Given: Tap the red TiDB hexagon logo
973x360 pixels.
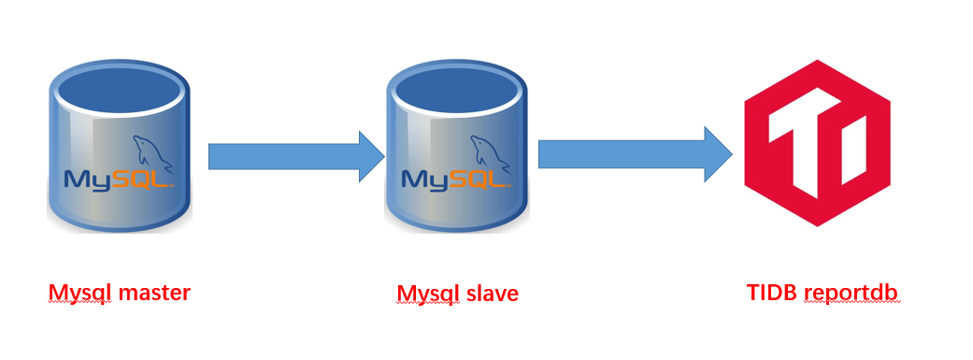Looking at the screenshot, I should (x=817, y=142).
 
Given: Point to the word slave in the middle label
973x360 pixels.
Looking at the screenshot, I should (x=490, y=294).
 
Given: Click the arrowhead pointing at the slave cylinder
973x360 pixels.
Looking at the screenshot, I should (x=371, y=156).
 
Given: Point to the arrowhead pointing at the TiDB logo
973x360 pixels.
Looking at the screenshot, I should (x=718, y=153).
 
